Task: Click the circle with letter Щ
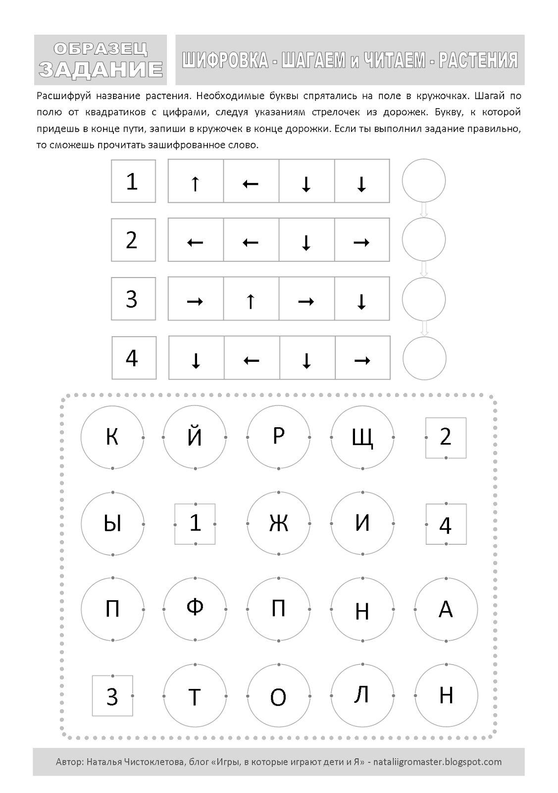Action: pos(362,437)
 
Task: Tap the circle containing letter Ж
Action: pos(279,523)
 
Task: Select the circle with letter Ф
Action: pos(195,609)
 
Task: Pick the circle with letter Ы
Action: pos(112,523)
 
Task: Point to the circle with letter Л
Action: pos(362,695)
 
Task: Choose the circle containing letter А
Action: pos(446,609)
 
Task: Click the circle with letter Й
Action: pos(195,437)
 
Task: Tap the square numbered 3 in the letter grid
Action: pos(112,696)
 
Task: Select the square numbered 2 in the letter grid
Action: pos(446,437)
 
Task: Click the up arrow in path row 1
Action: pos(196,181)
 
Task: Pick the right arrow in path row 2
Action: pos(362,240)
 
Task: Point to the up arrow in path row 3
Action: pos(251,299)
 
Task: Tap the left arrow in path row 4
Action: pos(252,358)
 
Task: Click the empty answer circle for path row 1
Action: pos(424,181)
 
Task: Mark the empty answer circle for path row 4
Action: pos(424,358)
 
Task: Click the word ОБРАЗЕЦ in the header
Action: pos(100,49)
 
